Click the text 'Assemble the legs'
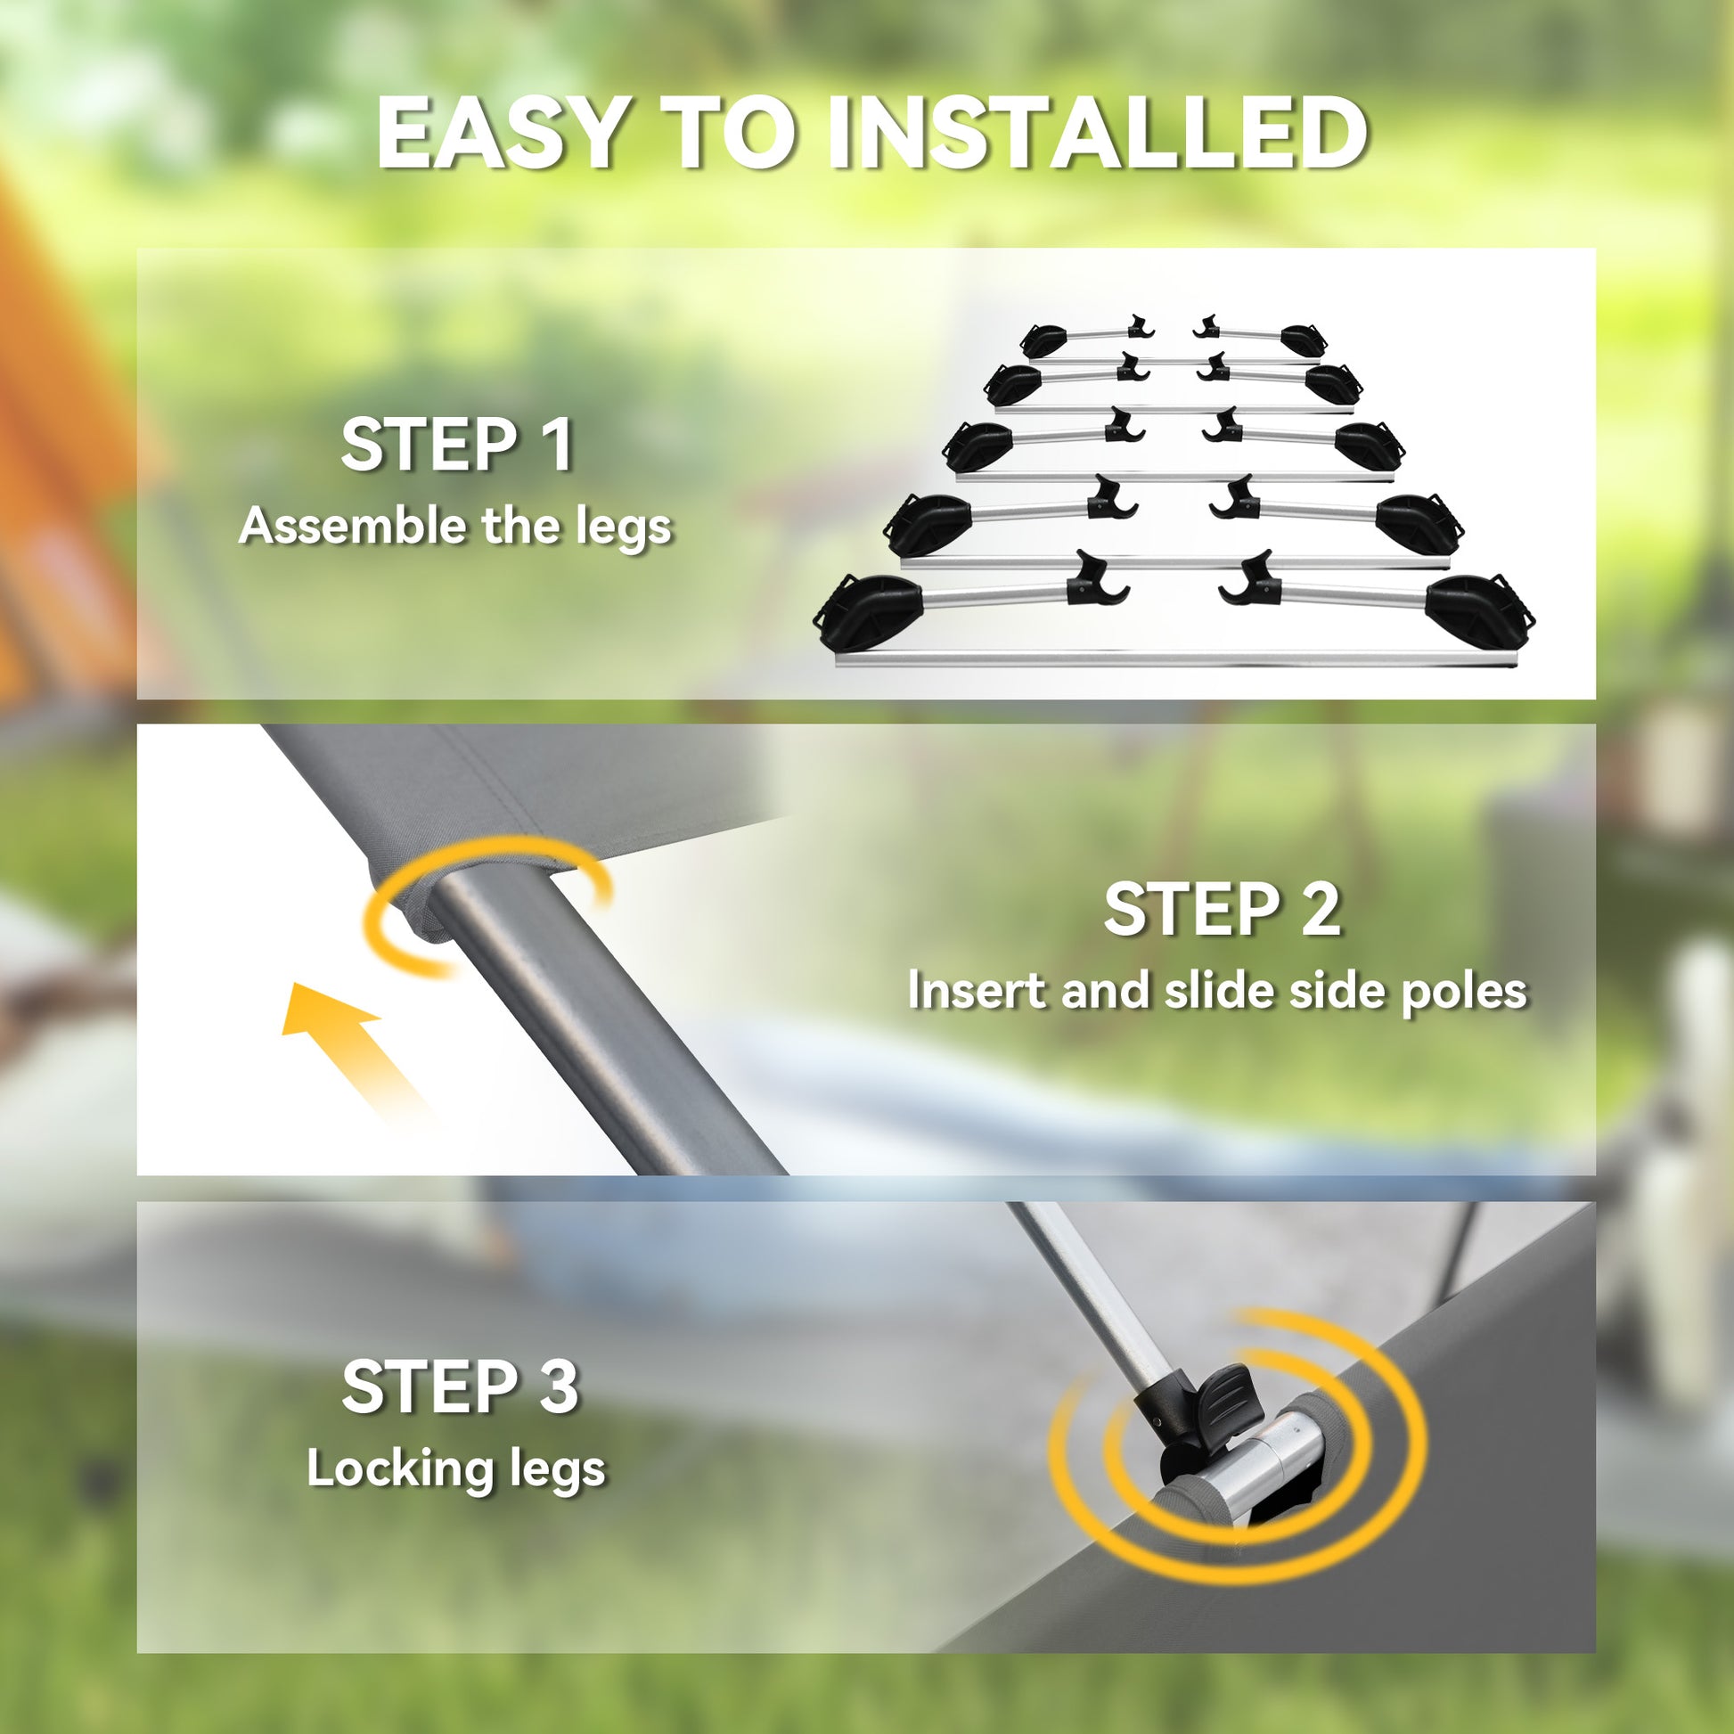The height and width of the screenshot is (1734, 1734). click(x=456, y=526)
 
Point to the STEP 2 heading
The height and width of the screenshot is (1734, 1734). click(x=1222, y=909)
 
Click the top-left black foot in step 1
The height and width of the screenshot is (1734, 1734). click(x=1042, y=340)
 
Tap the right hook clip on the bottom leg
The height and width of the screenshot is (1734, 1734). click(x=1248, y=582)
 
